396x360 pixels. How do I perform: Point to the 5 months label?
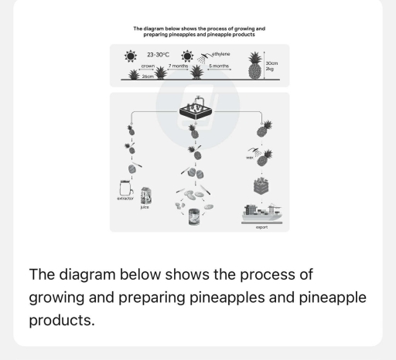click(x=219, y=66)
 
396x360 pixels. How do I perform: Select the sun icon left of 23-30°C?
click(x=128, y=57)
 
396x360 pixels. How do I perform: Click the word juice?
click(x=145, y=208)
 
